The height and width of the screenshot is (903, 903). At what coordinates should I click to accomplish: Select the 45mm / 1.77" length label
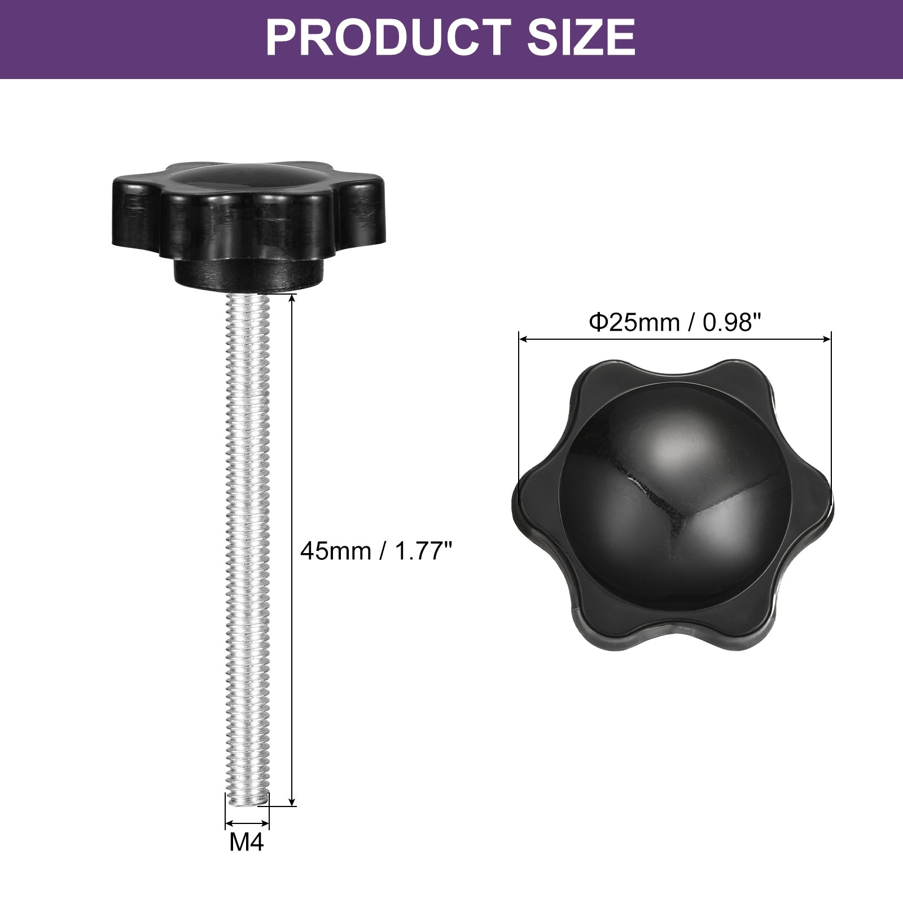click(377, 551)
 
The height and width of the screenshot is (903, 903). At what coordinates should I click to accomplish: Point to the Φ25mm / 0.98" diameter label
click(675, 323)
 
